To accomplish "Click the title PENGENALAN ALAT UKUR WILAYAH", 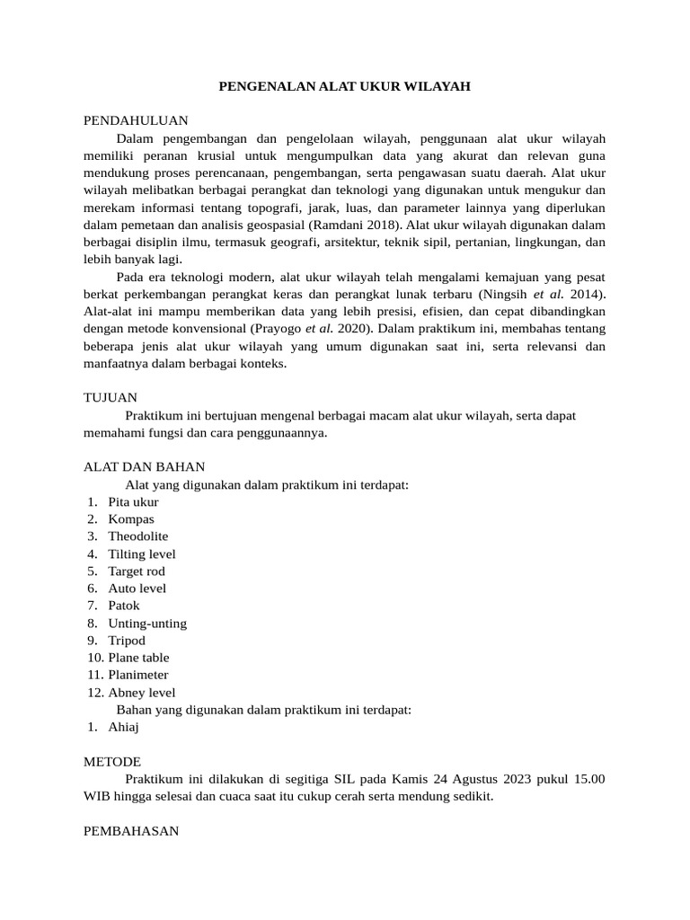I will click(x=345, y=86).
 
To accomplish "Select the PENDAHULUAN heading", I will click(x=136, y=121).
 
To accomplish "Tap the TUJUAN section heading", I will click(x=110, y=397).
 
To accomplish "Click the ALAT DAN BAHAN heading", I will click(x=144, y=467).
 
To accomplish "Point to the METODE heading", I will click(x=112, y=761).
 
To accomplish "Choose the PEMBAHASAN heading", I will click(x=131, y=831).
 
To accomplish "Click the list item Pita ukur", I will click(x=133, y=502).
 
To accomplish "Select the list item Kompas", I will click(x=131, y=519).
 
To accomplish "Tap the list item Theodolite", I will click(x=138, y=536).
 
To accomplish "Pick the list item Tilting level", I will click(x=142, y=554).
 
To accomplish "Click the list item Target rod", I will click(x=137, y=571).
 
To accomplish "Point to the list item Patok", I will click(x=124, y=606).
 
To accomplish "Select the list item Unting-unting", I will click(x=147, y=624).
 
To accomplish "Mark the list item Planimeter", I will click(x=138, y=675).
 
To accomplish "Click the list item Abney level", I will click(x=142, y=693).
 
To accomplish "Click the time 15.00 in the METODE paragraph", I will click(x=588, y=779).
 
